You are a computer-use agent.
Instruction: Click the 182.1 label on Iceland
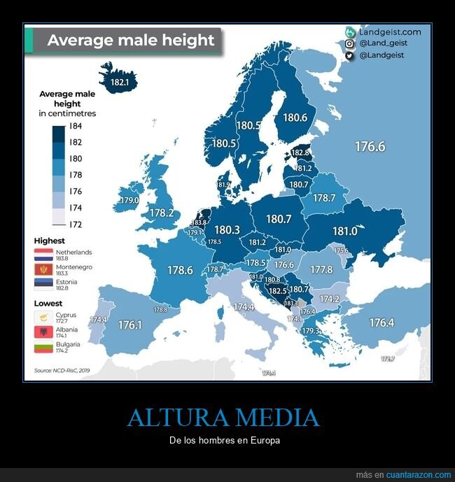pyautogui.click(x=120, y=83)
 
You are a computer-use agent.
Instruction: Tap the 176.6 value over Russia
pyautogui.click(x=370, y=147)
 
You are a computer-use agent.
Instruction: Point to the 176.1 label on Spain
pyautogui.click(x=130, y=325)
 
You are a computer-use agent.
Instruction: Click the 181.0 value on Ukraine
pyautogui.click(x=345, y=232)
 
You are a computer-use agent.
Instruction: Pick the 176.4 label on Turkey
pyautogui.click(x=381, y=323)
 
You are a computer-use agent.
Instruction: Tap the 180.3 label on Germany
pyautogui.click(x=227, y=229)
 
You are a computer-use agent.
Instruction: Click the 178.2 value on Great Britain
pyautogui.click(x=162, y=213)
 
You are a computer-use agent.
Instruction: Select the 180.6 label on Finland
pyautogui.click(x=295, y=118)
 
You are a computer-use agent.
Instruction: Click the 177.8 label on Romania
pyautogui.click(x=321, y=269)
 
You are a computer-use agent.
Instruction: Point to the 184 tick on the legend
pyautogui.click(x=76, y=126)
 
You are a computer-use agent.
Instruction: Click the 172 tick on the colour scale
pyautogui.click(x=76, y=224)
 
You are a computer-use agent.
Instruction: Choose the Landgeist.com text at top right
pyautogui.click(x=390, y=32)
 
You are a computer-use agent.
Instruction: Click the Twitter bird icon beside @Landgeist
pyautogui.click(x=349, y=55)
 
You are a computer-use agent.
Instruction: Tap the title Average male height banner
pyautogui.click(x=130, y=41)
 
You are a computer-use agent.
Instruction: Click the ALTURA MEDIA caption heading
pyautogui.click(x=223, y=418)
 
